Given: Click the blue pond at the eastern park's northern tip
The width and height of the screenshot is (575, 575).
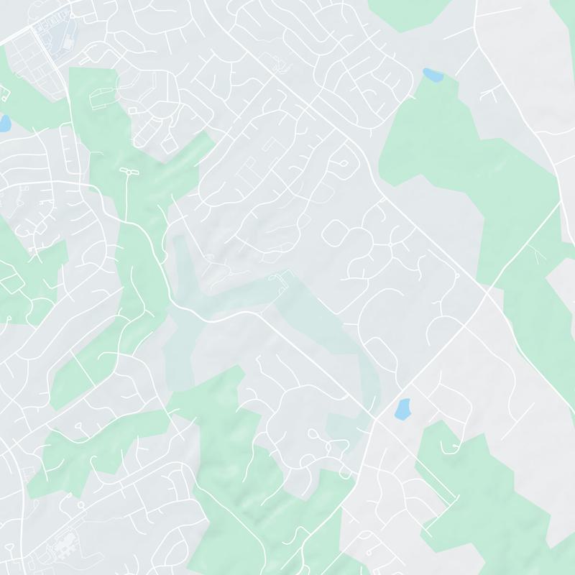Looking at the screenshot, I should point(433,74).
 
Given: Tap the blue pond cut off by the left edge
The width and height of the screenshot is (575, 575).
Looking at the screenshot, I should point(4,123).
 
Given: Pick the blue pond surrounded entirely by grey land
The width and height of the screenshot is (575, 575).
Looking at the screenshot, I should point(402,409).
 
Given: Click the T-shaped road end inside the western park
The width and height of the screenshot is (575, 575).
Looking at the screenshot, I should point(128,172).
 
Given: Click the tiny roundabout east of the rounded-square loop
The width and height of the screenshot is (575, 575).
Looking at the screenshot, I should point(389,243).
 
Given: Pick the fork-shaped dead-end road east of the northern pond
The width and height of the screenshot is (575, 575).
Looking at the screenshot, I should point(492,91).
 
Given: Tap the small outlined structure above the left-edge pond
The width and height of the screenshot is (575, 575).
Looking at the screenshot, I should point(6,92).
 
